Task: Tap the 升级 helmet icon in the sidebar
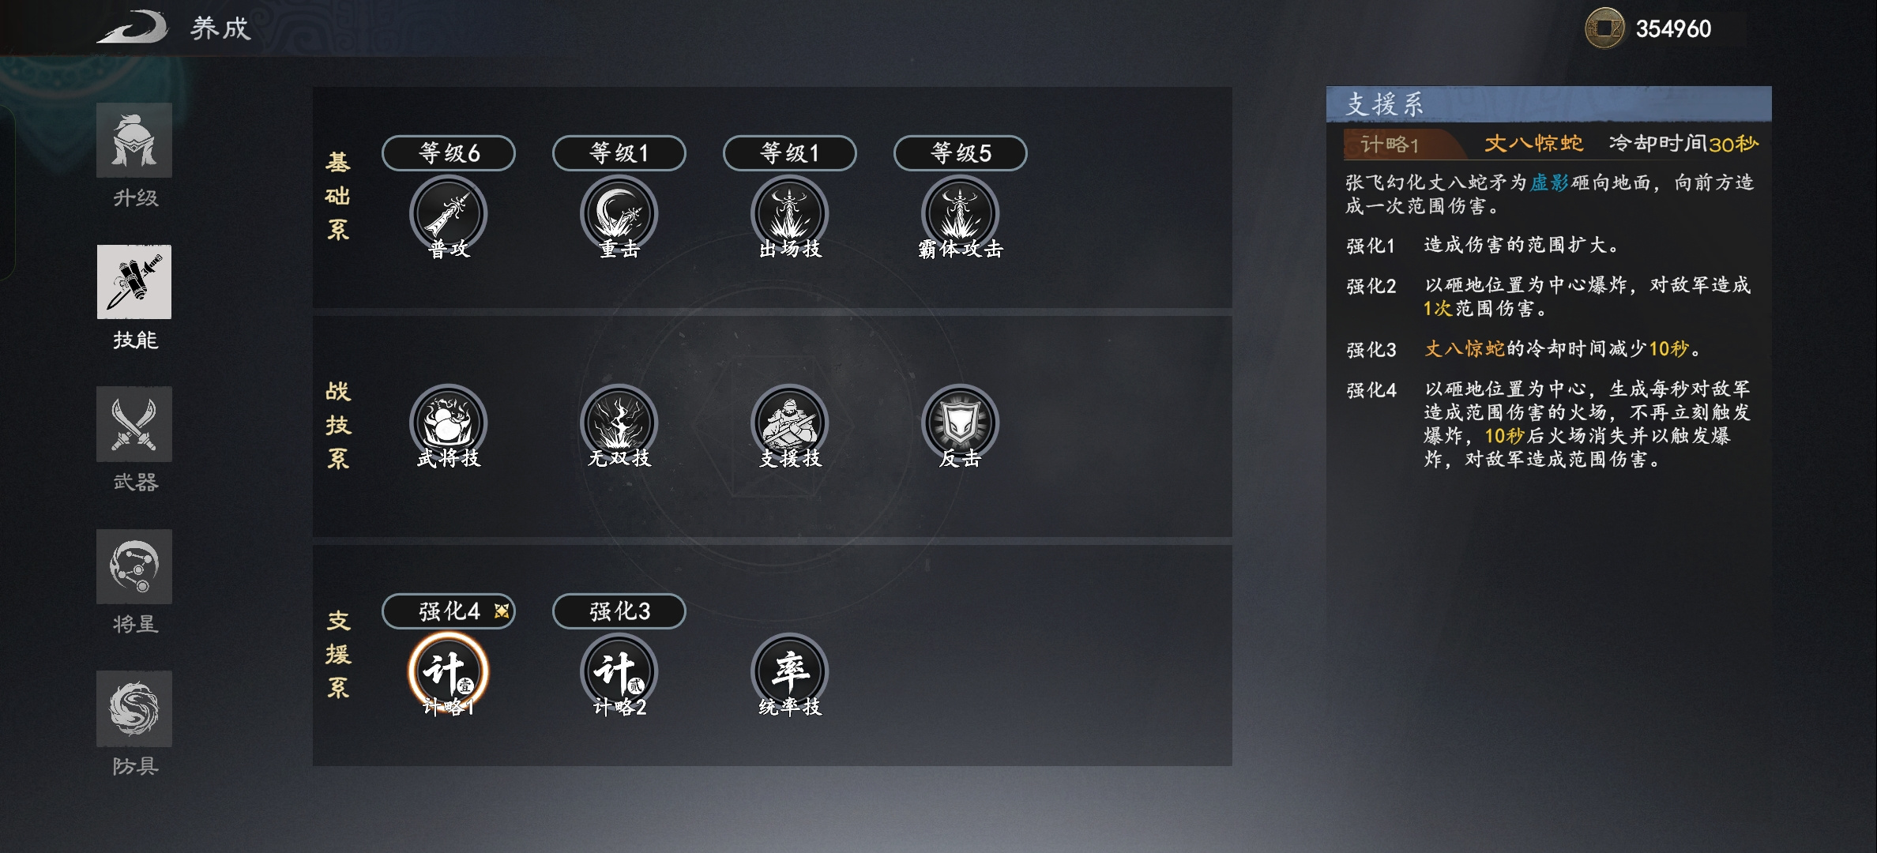134,141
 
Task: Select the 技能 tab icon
134,282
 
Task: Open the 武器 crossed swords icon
134,424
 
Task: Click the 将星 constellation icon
134,566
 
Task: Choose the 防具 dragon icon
134,708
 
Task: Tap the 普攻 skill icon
449,214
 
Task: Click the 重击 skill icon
619,214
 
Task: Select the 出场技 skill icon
790,214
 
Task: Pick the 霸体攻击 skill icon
961,214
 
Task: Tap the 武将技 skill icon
449,423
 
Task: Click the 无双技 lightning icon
619,423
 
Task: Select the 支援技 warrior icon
790,423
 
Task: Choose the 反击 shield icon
961,423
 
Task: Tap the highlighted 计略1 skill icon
449,672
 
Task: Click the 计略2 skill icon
619,672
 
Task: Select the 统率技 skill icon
790,672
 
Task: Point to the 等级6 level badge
449,152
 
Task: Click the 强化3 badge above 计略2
619,611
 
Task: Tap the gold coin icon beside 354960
1605,28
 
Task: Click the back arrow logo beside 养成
133,27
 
